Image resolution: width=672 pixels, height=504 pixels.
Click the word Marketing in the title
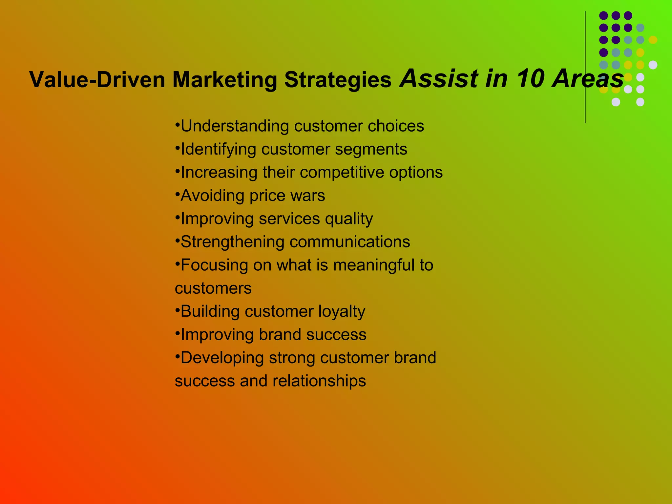coord(225,80)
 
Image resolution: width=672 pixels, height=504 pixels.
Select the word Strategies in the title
coord(338,80)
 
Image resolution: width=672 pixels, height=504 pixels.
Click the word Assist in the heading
coord(438,79)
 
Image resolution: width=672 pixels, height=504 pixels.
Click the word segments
coord(371,149)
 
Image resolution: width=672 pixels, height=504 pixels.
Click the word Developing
coord(222,358)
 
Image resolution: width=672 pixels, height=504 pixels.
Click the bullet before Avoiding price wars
coord(177,192)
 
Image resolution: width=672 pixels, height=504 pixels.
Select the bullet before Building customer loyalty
coord(177,308)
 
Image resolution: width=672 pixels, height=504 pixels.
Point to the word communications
coord(350,242)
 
